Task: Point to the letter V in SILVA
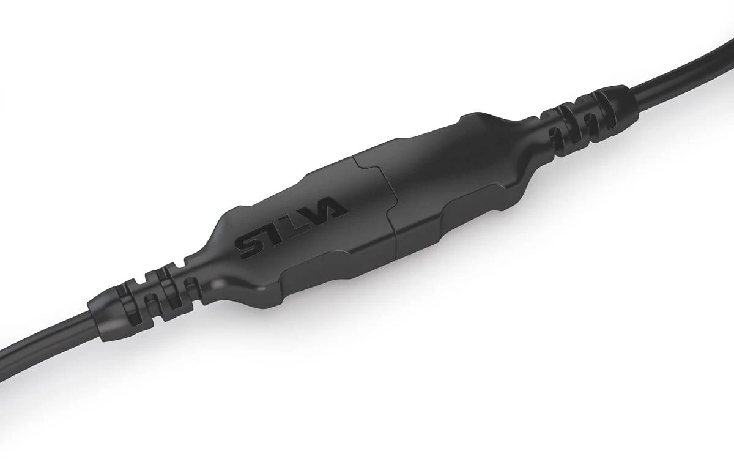point(313,217)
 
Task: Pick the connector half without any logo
point(453,177)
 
